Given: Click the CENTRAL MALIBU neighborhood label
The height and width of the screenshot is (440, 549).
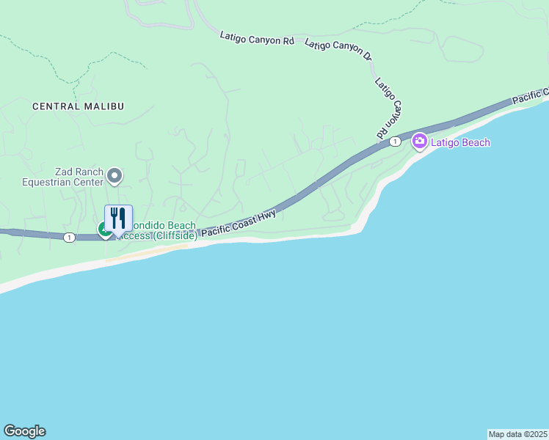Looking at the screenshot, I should tap(78, 106).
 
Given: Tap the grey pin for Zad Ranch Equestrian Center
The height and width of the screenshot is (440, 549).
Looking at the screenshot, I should tap(114, 175).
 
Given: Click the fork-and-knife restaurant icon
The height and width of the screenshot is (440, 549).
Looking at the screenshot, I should tap(118, 218).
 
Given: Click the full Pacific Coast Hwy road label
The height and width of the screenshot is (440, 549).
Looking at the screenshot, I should tap(239, 221).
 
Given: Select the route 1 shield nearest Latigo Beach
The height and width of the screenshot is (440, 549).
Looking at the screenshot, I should tap(395, 141).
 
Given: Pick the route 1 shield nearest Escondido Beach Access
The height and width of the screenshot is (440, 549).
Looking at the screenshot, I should tap(69, 237).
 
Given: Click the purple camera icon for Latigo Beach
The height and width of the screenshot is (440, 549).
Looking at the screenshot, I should tap(419, 141).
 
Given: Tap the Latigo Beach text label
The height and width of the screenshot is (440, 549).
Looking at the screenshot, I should tap(461, 142).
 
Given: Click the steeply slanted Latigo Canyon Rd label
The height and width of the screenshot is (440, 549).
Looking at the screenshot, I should tap(390, 109).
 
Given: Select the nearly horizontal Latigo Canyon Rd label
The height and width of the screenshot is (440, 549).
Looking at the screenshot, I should tap(257, 39).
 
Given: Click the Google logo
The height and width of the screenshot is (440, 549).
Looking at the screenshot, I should tap(24, 431).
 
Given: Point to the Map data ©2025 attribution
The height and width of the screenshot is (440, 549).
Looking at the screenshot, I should tap(517, 434).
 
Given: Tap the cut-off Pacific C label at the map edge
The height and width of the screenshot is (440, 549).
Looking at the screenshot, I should tap(531, 96).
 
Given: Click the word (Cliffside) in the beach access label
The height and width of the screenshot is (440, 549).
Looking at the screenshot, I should tap(174, 235).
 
